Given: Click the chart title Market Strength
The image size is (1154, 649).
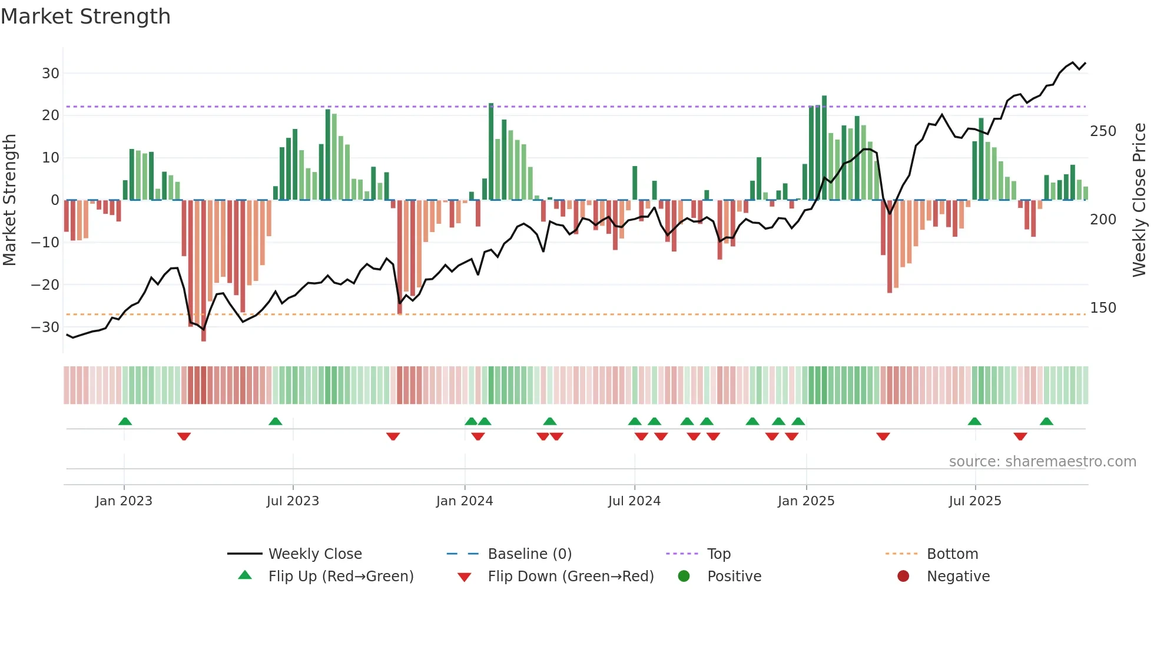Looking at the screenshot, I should click(85, 16).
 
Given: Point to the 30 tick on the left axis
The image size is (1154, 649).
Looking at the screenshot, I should click(51, 74).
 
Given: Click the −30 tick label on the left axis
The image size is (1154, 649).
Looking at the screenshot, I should click(46, 327).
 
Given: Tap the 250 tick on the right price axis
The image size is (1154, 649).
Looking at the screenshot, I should click(1103, 131).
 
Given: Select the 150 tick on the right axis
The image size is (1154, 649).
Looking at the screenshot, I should click(1103, 308).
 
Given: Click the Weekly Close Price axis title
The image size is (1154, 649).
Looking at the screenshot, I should click(1139, 200).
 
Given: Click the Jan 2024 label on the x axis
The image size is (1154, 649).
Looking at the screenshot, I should click(465, 501).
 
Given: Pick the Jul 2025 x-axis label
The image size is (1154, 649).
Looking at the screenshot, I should click(975, 501).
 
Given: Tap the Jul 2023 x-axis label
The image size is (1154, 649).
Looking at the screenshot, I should click(293, 501).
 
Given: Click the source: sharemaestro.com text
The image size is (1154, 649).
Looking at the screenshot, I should click(1042, 462).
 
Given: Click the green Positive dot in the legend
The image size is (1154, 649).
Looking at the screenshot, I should click(684, 576).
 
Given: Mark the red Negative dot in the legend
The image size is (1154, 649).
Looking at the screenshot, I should click(903, 576).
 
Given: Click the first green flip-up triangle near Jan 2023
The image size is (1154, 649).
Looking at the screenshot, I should click(125, 422).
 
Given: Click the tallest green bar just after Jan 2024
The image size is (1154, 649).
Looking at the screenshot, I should click(491, 152).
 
